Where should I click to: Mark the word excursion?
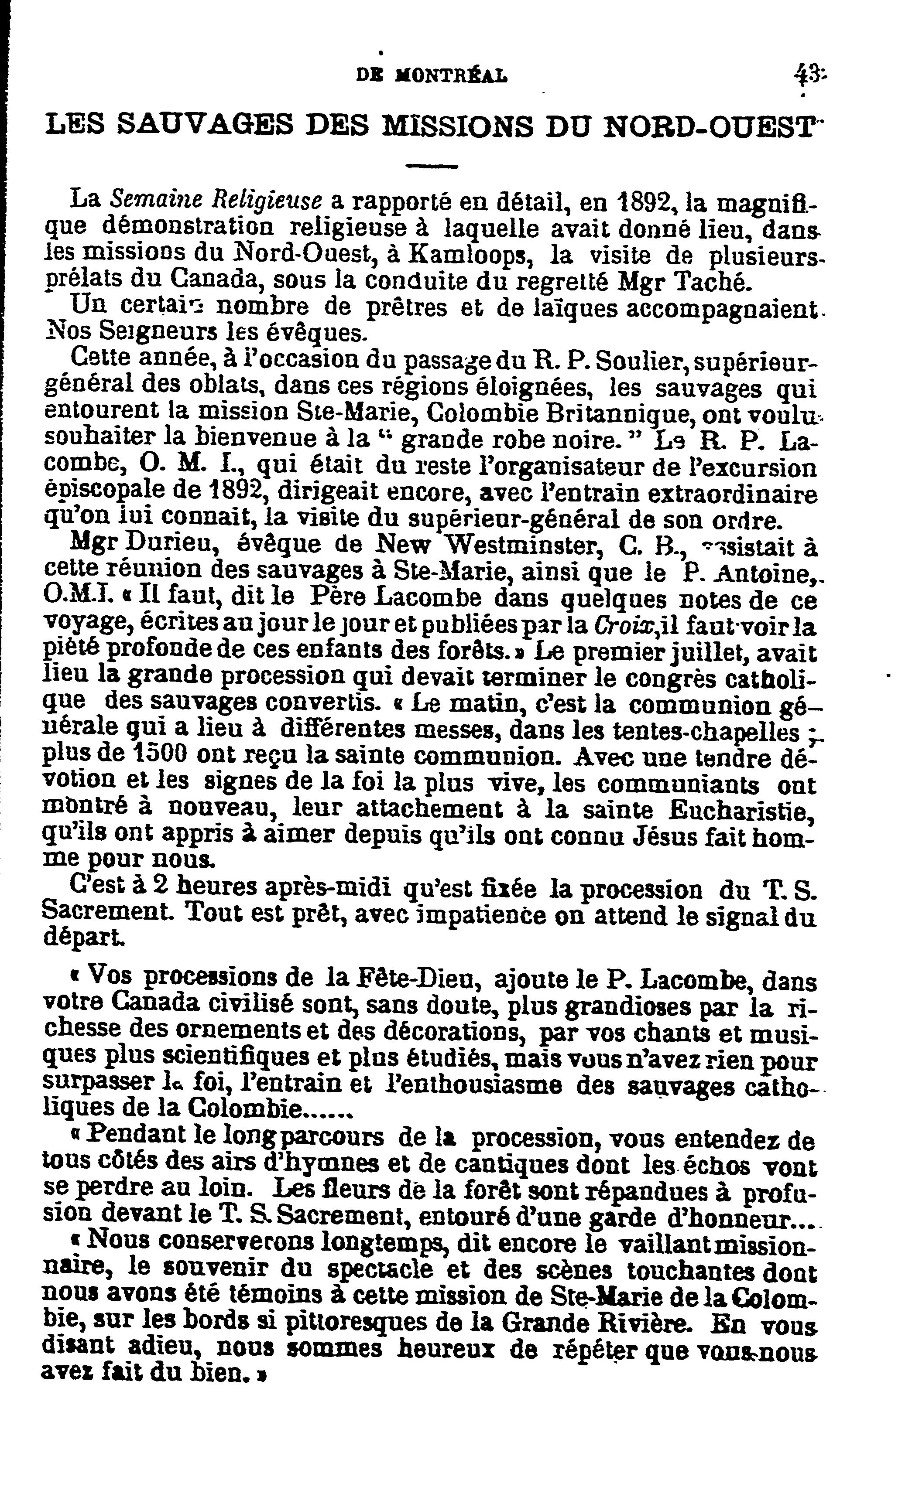(764, 468)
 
